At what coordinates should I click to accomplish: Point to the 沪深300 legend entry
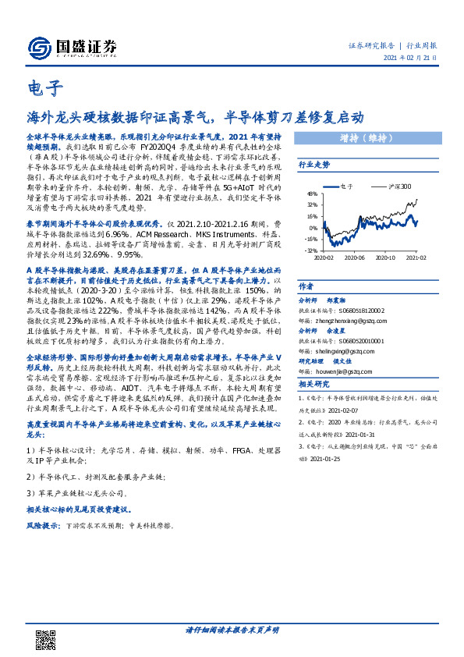(398, 187)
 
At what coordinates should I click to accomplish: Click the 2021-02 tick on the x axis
(415, 257)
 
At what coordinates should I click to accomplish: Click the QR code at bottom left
(44, 637)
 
